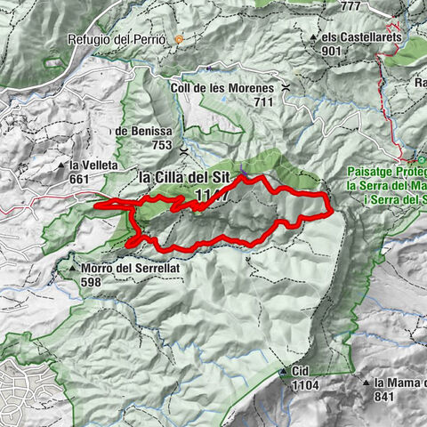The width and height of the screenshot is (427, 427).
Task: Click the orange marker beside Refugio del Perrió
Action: (179, 39)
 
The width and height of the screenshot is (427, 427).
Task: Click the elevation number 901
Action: (332, 50)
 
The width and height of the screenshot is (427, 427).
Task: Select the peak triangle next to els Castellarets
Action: (315, 38)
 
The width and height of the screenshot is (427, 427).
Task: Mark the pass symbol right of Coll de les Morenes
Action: (285, 88)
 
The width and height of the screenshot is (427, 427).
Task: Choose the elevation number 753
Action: (161, 145)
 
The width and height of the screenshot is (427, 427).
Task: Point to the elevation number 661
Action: (80, 179)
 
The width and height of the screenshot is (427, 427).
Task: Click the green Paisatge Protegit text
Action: (383, 173)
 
